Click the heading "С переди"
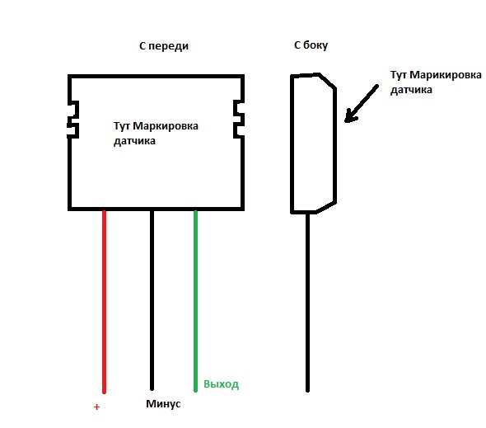[164, 46]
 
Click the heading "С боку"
[311, 45]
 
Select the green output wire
[195, 301]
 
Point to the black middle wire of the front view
[152, 300]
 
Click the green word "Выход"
[221, 384]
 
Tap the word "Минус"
[163, 404]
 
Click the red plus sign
[96, 407]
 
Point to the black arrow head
[351, 116]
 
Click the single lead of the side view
[307, 303]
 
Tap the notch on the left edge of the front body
[73, 120]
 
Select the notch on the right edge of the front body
[239, 119]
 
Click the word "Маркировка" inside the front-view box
[166, 126]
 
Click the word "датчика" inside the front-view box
[134, 141]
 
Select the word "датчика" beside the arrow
[411, 90]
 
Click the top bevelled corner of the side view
[327, 82]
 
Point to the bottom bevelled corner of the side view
[326, 207]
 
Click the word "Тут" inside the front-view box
[122, 126]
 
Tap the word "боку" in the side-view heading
[315, 45]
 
